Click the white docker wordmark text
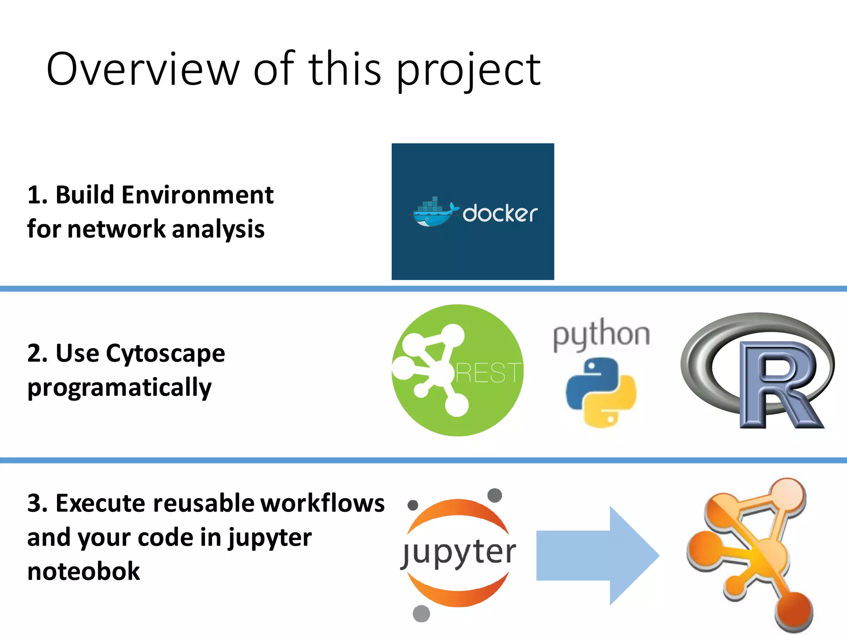click(x=500, y=213)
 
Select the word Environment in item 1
click(x=197, y=195)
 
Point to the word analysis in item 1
click(x=218, y=229)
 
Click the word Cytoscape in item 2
click(x=165, y=353)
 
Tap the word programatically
click(x=120, y=388)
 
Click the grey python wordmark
click(x=601, y=334)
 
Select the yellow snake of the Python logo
click(x=616, y=403)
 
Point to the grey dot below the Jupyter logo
click(x=421, y=613)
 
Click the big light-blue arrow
click(x=596, y=555)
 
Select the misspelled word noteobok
click(x=84, y=571)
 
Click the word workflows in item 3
click(x=323, y=503)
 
